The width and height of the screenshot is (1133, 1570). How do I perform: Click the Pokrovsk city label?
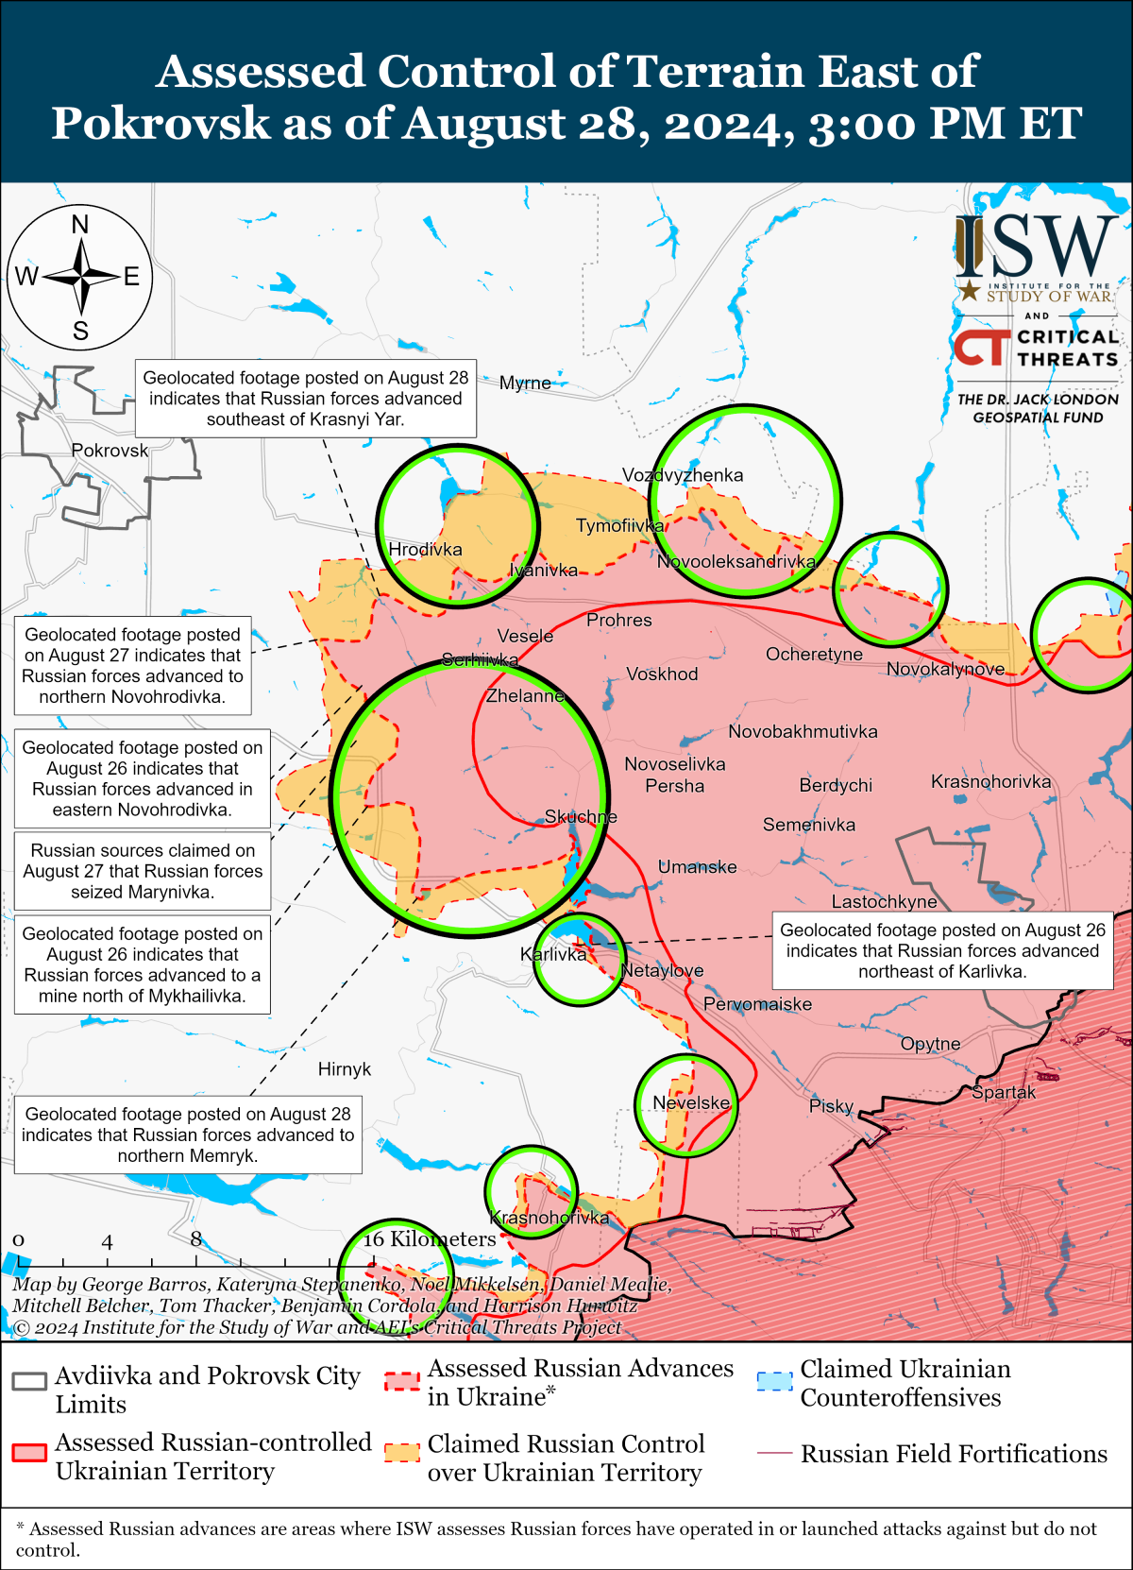[110, 451]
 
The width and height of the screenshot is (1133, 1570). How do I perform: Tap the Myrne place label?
[525, 383]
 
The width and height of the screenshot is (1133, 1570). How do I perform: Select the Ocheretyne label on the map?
[814, 654]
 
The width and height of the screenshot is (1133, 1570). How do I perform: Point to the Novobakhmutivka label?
[803, 731]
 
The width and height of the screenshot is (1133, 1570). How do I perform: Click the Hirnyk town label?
[345, 1069]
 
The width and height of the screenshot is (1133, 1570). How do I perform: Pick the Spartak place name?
[1004, 1092]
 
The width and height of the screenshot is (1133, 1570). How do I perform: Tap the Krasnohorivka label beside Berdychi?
[990, 781]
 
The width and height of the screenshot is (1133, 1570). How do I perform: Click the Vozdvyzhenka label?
[683, 475]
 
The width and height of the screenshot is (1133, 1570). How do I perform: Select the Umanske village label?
[697, 866]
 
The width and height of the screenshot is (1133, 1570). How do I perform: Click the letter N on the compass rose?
[80, 225]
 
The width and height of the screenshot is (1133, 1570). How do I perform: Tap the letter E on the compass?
[131, 277]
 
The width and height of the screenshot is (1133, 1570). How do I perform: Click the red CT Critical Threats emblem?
[981, 347]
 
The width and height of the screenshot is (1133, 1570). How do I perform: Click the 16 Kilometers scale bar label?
[430, 1238]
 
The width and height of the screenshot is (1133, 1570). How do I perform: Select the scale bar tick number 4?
[108, 1242]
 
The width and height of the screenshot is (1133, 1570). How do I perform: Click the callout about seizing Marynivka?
[143, 871]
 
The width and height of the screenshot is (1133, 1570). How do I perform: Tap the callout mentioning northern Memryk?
[188, 1135]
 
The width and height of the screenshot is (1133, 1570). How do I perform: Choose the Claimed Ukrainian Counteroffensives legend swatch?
[774, 1381]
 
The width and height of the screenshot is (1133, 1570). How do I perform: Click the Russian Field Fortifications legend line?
[774, 1453]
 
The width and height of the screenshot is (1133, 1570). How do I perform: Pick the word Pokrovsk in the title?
[161, 123]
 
